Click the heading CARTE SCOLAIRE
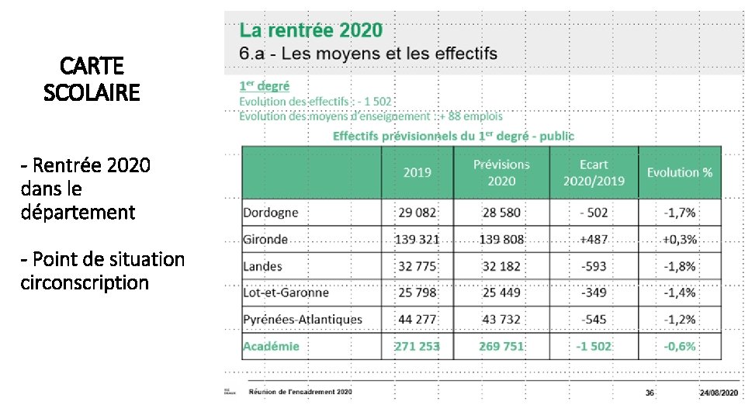pyautogui.click(x=92, y=78)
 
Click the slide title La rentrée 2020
pyautogui.click(x=311, y=30)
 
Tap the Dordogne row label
pyautogui.click(x=270, y=213)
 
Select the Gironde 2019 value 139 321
pyautogui.click(x=417, y=240)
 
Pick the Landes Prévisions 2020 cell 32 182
pyautogui.click(x=501, y=266)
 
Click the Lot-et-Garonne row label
pyautogui.click(x=286, y=293)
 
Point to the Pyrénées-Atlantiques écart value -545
pyautogui.click(x=594, y=319)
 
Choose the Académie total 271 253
pyautogui.click(x=417, y=346)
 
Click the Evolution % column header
pyautogui.click(x=680, y=172)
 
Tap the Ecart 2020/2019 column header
pyautogui.click(x=594, y=172)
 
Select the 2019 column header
pyautogui.click(x=417, y=172)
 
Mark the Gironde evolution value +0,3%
pyautogui.click(x=680, y=240)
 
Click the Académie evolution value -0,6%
pyautogui.click(x=680, y=346)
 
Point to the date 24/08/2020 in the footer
pyautogui.click(x=719, y=393)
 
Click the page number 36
pyautogui.click(x=650, y=393)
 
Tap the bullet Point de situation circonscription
pyautogui.click(x=102, y=270)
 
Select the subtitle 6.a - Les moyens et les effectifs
pyautogui.click(x=369, y=54)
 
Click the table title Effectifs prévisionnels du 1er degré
pyautogui.click(x=453, y=136)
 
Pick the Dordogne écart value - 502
pyautogui.click(x=594, y=213)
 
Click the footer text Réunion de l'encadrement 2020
pyautogui.click(x=300, y=392)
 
